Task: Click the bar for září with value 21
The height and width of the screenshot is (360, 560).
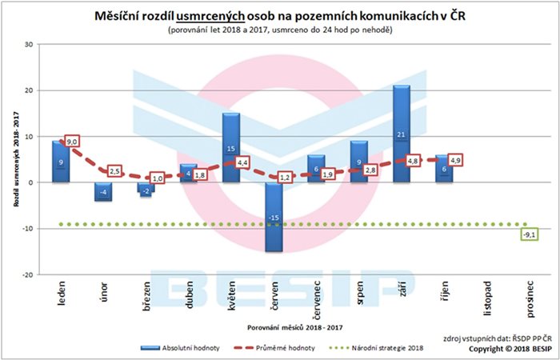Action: coord(402,134)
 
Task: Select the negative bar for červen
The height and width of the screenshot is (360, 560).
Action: coord(273,217)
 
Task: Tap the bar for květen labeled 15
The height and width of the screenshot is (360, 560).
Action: coord(230,148)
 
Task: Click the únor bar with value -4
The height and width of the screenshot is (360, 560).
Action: coord(103,191)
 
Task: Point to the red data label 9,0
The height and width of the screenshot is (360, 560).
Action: coord(72,142)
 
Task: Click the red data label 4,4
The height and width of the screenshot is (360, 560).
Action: coord(242,163)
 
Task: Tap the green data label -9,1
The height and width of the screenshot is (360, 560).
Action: coord(528,235)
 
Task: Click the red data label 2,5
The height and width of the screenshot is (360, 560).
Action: coord(114,171)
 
